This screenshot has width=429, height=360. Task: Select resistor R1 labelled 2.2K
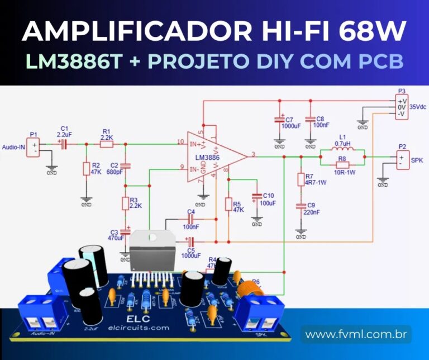point(107,144)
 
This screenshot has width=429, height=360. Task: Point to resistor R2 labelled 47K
point(87,169)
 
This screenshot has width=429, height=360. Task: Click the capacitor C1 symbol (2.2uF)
point(63,144)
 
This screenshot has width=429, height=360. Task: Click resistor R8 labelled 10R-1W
point(342,165)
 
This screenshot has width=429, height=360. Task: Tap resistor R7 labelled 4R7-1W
point(301,179)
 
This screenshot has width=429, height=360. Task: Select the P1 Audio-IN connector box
point(34,148)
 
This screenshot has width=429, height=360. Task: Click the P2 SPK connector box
point(401,160)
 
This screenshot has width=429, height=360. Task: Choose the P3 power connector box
point(401,106)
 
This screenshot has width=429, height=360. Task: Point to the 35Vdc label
point(418,106)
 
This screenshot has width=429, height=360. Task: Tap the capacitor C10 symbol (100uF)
point(256,197)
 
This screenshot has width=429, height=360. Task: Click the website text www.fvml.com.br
point(356,335)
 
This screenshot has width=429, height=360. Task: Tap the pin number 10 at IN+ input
point(180,141)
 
